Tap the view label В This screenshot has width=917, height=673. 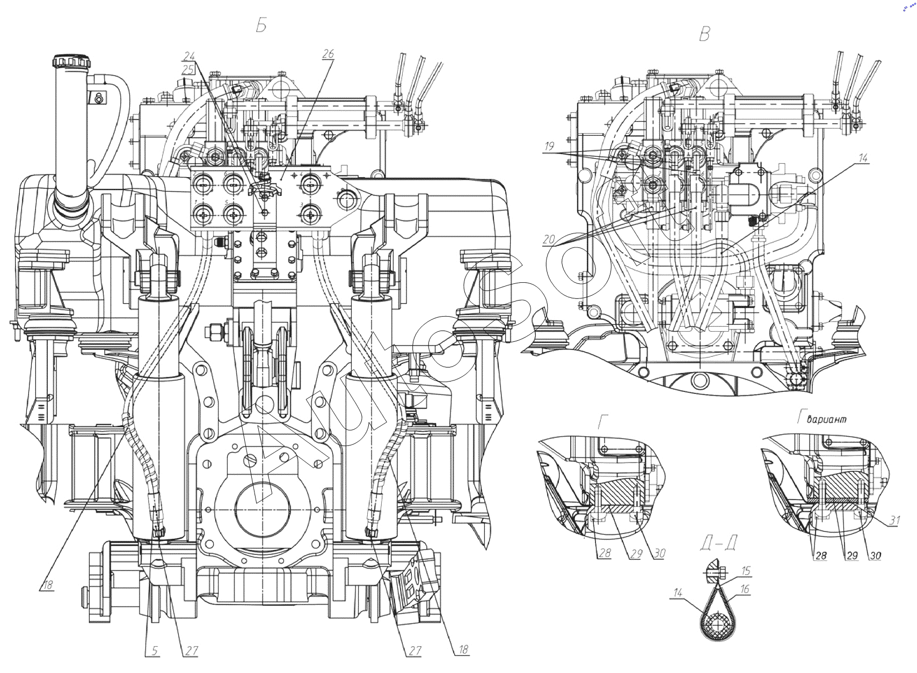[x=705, y=35]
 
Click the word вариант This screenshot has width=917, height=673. [x=826, y=419]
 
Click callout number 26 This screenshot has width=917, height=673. [x=328, y=54]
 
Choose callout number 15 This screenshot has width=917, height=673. [x=746, y=571]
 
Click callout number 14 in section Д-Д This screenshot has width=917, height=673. [x=678, y=593]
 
